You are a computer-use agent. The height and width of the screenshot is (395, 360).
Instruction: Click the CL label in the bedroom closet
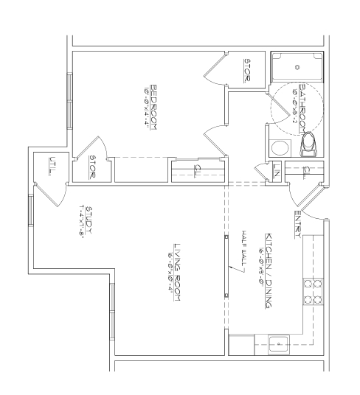(x=196, y=170)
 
